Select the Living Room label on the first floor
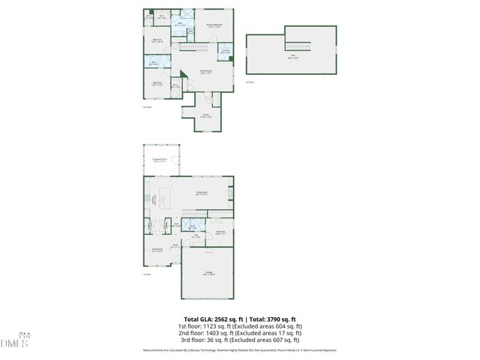pos(202,194)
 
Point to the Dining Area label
pos(157,250)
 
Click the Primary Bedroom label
pos(215,26)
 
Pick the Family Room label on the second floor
pos(207,71)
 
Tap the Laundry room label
pos(225,52)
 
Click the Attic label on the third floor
pos(293,56)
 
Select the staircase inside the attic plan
pos(298,46)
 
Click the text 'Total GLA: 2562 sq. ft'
pos(213,319)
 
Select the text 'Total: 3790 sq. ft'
pos(271,319)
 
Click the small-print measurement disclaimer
pos(240,350)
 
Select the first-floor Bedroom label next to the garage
pos(220,232)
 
